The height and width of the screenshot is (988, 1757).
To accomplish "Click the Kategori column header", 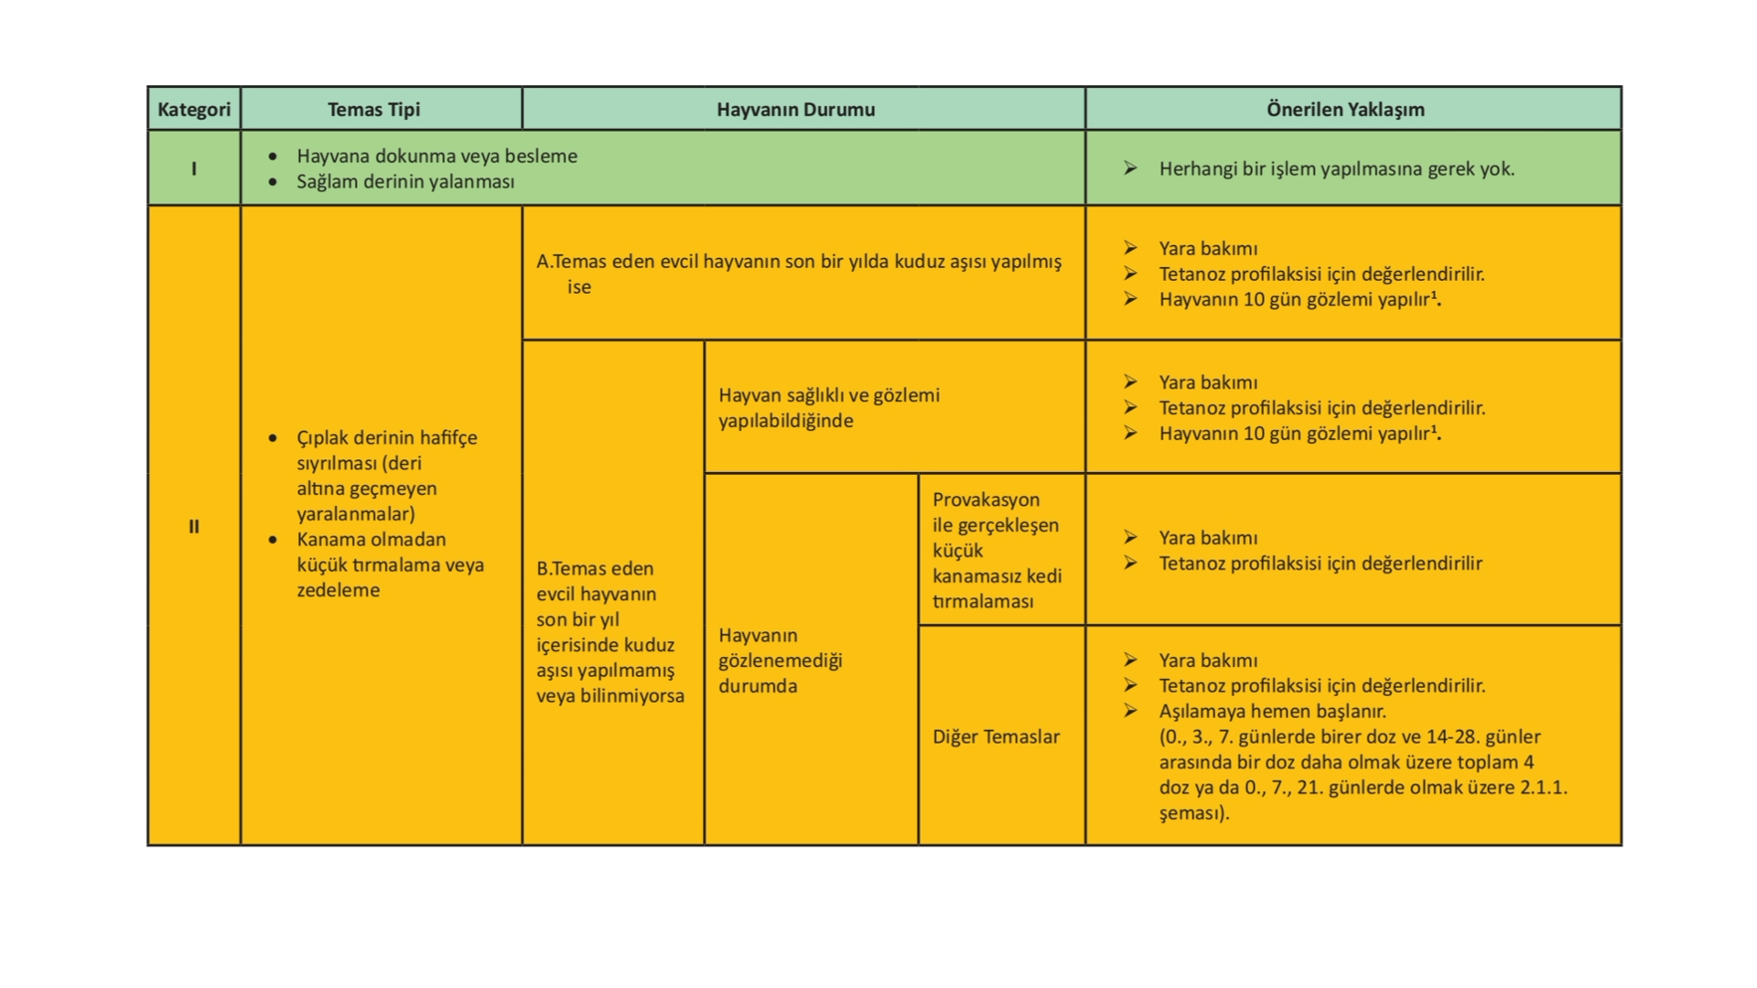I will pyautogui.click(x=194, y=110).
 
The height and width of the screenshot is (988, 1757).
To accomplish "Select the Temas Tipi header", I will pyautogui.click(x=373, y=110).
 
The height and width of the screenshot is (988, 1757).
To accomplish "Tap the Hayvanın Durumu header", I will pyautogui.click(x=795, y=110).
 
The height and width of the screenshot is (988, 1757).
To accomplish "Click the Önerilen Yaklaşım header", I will pyautogui.click(x=1345, y=110).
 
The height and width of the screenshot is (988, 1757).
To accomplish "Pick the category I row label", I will pyautogui.click(x=194, y=168).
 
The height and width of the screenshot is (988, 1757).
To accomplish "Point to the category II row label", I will pyautogui.click(x=194, y=526).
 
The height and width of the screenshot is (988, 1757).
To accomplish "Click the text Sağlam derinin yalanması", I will pyautogui.click(x=405, y=181).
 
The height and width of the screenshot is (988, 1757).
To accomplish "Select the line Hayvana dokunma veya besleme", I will pyautogui.click(x=437, y=156).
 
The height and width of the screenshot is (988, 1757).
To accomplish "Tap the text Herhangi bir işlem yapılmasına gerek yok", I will pyautogui.click(x=1336, y=168).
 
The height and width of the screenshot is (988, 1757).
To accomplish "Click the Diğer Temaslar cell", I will pyautogui.click(x=996, y=736).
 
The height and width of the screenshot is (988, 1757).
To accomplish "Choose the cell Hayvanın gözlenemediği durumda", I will pyautogui.click(x=780, y=660).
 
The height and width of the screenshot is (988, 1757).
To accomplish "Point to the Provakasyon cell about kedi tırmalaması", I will pyautogui.click(x=997, y=550).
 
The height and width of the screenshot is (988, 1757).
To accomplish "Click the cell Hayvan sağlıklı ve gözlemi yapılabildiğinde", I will pyautogui.click(x=828, y=408).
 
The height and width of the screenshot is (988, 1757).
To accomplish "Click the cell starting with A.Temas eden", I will pyautogui.click(x=798, y=274).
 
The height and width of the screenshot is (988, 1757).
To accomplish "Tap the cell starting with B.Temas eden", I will pyautogui.click(x=609, y=631).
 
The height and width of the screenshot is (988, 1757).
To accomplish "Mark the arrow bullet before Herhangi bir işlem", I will pyautogui.click(x=1131, y=168).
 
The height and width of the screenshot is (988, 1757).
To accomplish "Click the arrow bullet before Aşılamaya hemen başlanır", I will pyautogui.click(x=1131, y=711).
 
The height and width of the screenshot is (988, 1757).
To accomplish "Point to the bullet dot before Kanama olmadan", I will pyautogui.click(x=273, y=540).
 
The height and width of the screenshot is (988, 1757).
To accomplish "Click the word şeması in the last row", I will pyautogui.click(x=1191, y=813).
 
